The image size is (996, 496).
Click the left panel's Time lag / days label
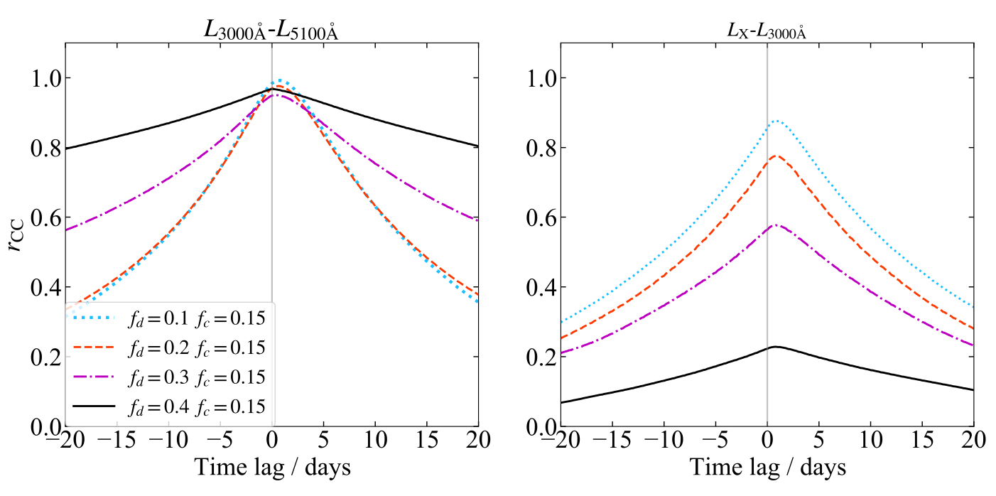pyautogui.click(x=271, y=467)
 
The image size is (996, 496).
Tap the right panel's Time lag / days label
pyautogui.click(x=767, y=467)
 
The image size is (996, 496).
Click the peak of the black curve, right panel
pyautogui.click(x=776, y=346)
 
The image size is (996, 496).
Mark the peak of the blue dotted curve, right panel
pyautogui.click(x=776, y=121)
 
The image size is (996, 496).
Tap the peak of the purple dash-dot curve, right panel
pyautogui.click(x=776, y=225)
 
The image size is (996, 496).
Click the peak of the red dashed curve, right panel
pyautogui.click(x=776, y=156)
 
